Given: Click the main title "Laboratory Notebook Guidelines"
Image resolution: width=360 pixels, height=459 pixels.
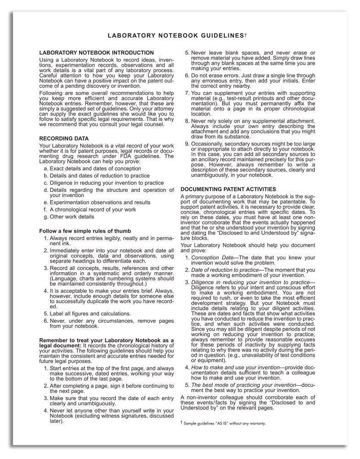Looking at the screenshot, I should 175,35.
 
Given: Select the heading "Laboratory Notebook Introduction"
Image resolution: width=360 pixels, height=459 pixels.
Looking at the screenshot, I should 96,53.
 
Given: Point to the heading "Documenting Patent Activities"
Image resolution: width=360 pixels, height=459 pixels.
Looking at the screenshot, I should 228,189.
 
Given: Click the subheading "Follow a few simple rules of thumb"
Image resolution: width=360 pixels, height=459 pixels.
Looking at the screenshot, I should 85,231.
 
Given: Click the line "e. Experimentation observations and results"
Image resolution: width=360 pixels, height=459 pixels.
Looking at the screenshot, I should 97,202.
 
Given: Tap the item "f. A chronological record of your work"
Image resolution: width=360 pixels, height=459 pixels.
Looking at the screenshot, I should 90,210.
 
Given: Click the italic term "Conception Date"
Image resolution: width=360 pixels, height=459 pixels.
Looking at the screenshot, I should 212,258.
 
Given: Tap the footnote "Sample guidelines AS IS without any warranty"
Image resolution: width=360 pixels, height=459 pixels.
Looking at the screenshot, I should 225,423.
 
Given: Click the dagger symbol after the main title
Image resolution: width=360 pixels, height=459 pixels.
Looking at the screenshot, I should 246,34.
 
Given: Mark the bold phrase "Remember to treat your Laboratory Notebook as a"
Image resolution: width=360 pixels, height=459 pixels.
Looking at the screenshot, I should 106,340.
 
